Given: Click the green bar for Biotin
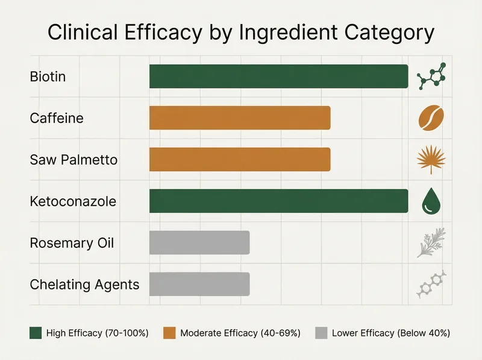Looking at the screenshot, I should coord(278,77).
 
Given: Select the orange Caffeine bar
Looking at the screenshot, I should coord(240,118).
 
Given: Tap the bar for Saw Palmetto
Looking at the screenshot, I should coord(240,159).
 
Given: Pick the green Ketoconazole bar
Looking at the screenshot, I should coord(278,201).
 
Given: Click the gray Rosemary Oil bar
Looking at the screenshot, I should coord(199,242).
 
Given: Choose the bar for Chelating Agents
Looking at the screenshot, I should coord(199,284).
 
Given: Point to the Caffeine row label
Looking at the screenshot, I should coord(57,118).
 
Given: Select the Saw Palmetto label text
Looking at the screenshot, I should coord(74,160).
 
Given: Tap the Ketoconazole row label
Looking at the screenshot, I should coord(72,201).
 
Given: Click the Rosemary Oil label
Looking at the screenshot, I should coord(72,243).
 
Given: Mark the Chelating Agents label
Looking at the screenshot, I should coord(84,285).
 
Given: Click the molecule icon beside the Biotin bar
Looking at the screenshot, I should coord(431,77).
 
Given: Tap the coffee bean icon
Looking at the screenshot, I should coord(431,118).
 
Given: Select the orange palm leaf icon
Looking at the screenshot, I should coord(431,159).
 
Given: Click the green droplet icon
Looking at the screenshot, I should coord(431,201).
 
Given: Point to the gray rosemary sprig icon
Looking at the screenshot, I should coord(431,242).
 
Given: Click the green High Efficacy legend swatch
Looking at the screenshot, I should coord(36,333).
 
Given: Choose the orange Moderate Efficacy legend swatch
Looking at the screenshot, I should coord(169,333).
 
